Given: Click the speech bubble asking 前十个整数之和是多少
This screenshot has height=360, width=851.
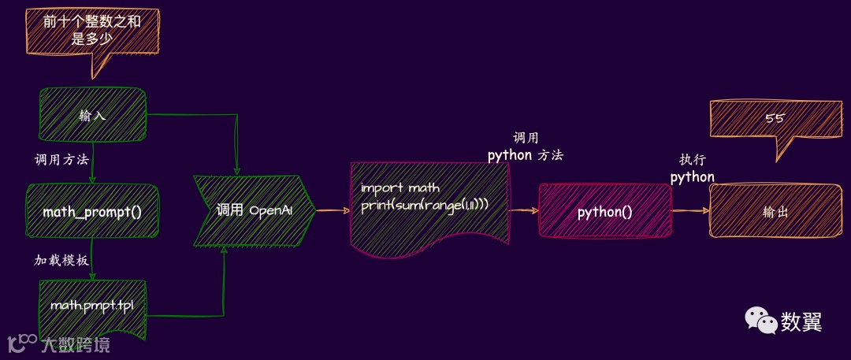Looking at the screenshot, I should coord(92,31).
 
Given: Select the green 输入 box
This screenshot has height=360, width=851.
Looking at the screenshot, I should coord(92,115).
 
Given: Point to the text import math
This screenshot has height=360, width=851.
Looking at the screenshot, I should coord(400,187).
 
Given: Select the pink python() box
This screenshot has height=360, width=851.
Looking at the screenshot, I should coord(604,211).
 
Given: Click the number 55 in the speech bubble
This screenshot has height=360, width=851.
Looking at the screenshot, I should coord(774,118).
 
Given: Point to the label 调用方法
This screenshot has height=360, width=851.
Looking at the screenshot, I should coord(61,159).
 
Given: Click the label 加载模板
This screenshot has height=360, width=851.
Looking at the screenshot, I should coord(61,260).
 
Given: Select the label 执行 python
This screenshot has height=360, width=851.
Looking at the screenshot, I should coord(692,169).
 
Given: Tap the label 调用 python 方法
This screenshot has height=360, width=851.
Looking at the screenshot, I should coord(526,147).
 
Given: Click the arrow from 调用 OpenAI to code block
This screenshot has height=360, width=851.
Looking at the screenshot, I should coord(333,210).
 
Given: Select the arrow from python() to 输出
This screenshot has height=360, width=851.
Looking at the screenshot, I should coord(691,211).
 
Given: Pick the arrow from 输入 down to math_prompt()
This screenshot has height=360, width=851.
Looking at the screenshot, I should coord(92,163).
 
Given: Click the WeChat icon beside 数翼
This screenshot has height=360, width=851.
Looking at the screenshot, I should coord(760,319).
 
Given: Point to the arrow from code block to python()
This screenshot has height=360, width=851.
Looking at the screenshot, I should coord(524,210).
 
